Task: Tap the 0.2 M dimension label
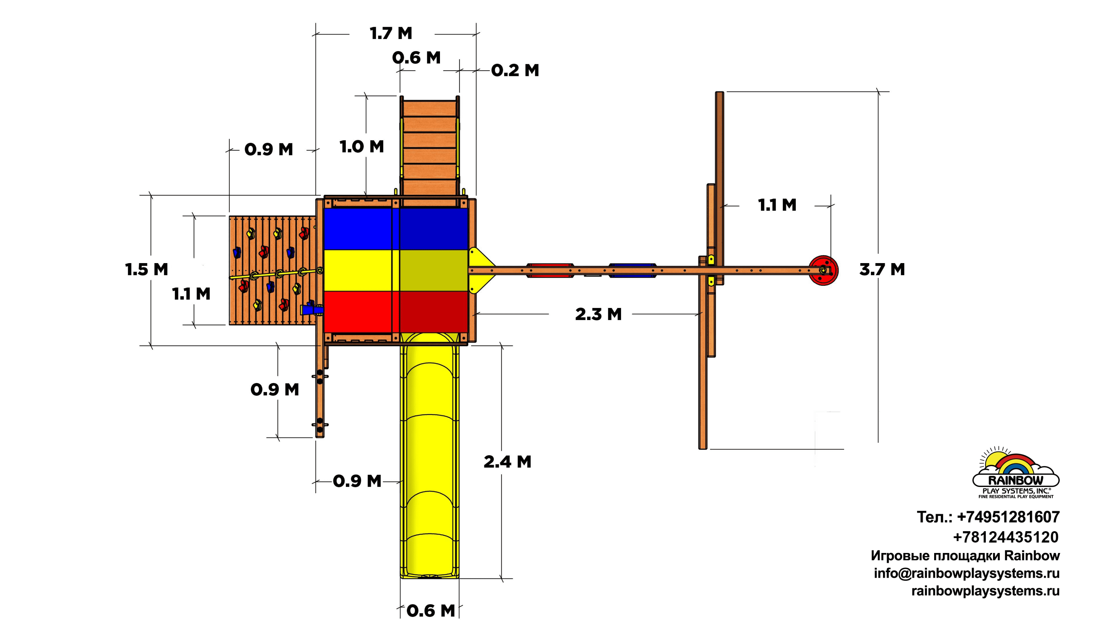515,70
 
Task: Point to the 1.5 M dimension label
146,270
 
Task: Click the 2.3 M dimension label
598,314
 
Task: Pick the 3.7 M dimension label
882,270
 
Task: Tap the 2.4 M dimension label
507,462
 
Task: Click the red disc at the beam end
823,270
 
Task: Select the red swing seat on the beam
550,270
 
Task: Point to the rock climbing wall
272,270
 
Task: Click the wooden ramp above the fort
429,148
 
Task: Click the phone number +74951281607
988,517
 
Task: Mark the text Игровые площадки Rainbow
965,555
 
